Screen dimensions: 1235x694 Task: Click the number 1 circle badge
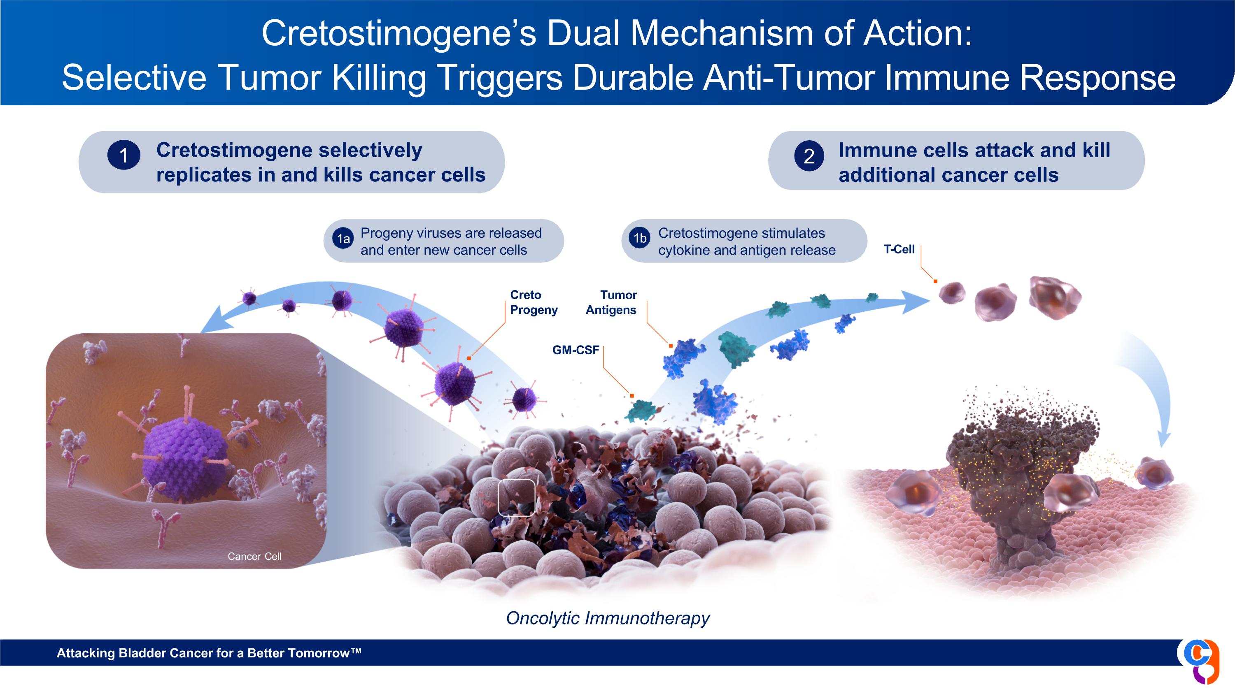pos(123,155)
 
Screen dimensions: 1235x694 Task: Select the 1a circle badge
pos(343,239)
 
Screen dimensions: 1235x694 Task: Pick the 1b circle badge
pos(640,238)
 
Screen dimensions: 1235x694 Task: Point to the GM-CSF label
pos(576,350)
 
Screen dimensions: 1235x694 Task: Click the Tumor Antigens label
pos(611,302)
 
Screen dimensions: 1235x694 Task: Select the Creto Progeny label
pos(534,302)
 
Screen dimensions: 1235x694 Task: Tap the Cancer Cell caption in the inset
pos(254,556)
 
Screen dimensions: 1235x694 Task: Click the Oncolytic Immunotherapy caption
pos(608,618)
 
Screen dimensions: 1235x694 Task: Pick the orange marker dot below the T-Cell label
pos(935,281)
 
